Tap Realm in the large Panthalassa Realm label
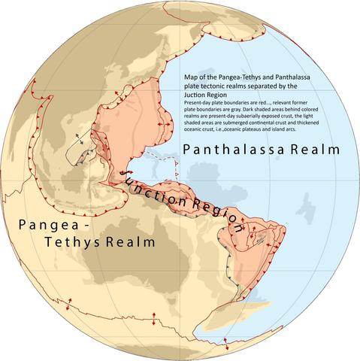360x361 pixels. (314, 150)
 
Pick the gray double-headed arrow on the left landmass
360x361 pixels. (80, 137)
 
